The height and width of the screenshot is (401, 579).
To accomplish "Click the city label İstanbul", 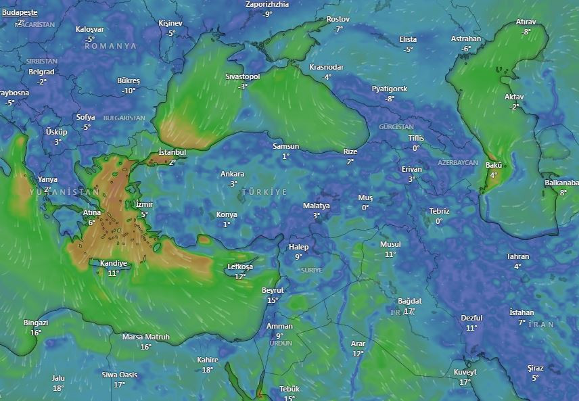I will (x=172, y=152).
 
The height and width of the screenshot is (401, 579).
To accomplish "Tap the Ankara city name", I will (x=233, y=174).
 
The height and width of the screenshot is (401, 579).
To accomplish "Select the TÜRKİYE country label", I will (x=264, y=193).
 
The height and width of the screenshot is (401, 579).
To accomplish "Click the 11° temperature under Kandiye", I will (x=113, y=273).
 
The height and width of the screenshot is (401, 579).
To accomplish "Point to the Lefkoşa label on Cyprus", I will (x=240, y=267).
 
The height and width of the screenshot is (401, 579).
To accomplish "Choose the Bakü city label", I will (x=493, y=165).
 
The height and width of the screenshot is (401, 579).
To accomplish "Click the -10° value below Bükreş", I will (x=129, y=91).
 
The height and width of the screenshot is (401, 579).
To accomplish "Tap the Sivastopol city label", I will (x=242, y=77).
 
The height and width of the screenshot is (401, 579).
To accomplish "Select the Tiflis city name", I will (x=416, y=139).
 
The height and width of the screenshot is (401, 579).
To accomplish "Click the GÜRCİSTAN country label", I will (x=396, y=127).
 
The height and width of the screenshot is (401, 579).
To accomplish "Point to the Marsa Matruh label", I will (x=145, y=337).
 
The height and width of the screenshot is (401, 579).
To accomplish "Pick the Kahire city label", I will (x=208, y=360).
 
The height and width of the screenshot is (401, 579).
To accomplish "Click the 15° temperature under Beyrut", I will (x=273, y=300).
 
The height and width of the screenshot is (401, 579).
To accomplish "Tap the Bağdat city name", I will (x=409, y=301).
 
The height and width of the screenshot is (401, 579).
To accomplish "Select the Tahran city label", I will (x=517, y=257).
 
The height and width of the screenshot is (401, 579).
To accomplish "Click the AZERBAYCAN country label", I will (x=457, y=164).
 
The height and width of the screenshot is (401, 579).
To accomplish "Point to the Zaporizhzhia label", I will (x=267, y=4).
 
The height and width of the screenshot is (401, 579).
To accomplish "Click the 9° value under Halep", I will (x=298, y=257).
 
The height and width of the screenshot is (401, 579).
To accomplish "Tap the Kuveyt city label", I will (x=465, y=373).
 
